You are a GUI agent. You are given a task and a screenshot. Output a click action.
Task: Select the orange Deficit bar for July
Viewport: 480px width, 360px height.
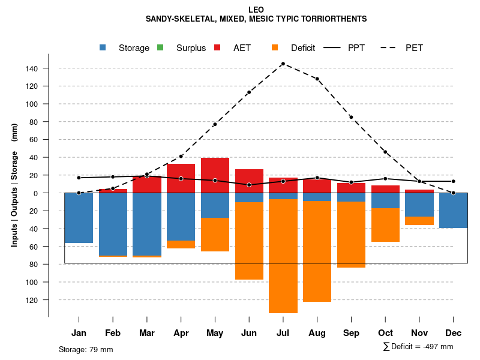click(283, 256)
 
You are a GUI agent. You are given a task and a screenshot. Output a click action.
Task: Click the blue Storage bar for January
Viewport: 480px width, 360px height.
click(79, 218)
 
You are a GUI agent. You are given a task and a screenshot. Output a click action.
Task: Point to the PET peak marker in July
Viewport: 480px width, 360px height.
click(283, 64)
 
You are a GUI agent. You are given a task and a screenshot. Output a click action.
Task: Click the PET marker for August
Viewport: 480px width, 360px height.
click(317, 79)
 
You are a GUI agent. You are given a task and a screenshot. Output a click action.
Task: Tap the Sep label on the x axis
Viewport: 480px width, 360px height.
click(352, 333)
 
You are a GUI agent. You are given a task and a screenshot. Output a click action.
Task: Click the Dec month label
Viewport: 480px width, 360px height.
click(454, 333)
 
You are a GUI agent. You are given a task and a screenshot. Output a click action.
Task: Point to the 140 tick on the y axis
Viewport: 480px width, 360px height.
click(32, 68)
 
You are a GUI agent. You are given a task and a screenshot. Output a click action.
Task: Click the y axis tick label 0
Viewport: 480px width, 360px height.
click(36, 193)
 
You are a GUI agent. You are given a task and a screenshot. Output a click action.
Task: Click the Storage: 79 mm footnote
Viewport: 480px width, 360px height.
click(86, 349)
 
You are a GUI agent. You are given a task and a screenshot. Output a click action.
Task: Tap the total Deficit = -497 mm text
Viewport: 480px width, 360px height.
click(418, 347)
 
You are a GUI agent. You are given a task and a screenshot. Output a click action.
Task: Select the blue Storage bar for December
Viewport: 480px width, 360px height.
click(454, 210)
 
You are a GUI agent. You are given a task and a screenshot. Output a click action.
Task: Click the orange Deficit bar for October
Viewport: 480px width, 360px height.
click(386, 225)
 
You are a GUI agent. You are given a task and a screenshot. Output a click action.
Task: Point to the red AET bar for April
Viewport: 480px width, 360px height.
click(181, 178)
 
